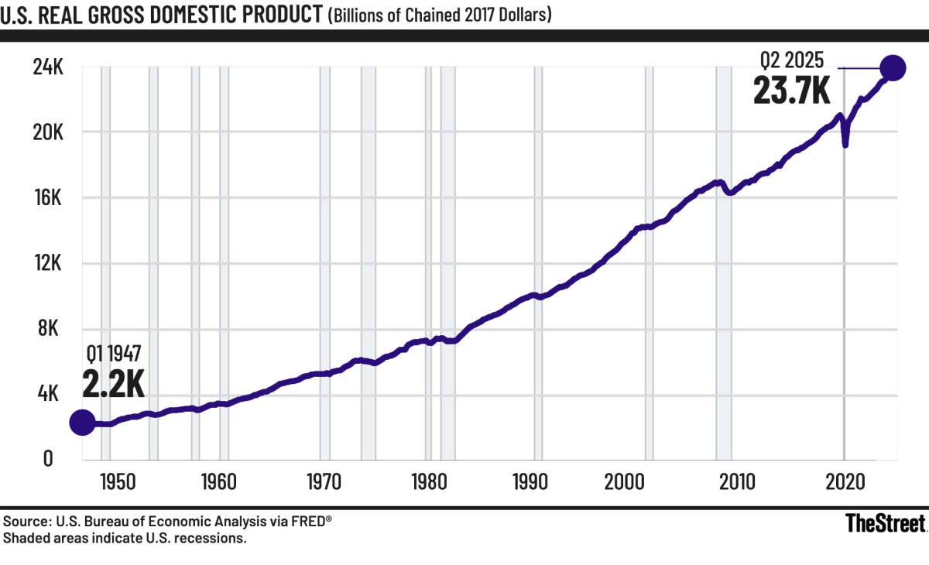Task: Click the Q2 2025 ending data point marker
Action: [892, 68]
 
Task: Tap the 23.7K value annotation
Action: [791, 91]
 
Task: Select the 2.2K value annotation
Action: [113, 382]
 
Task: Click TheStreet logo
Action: [885, 523]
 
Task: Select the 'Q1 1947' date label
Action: [114, 354]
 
